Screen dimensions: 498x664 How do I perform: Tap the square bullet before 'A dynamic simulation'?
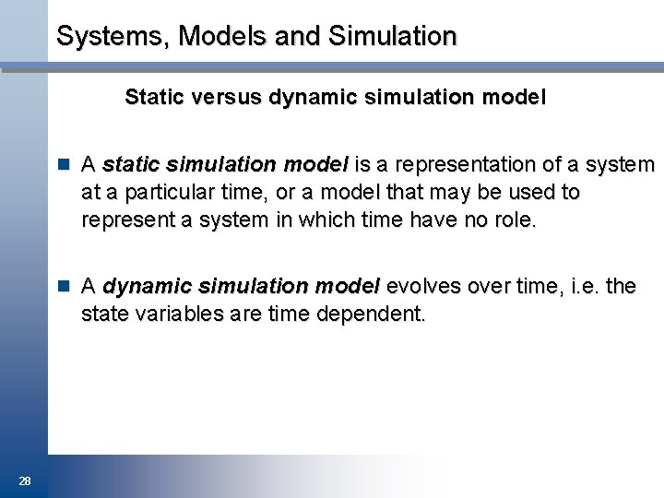64,287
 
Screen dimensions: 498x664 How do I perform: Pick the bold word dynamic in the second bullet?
147,287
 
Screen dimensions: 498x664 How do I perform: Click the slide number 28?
25,480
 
